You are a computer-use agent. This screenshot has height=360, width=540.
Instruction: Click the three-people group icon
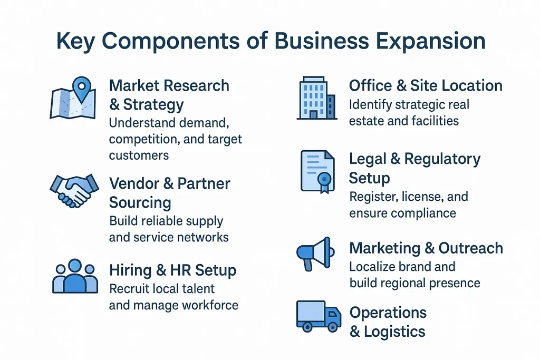point(75,276)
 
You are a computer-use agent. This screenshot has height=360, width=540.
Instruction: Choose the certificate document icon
point(317,171)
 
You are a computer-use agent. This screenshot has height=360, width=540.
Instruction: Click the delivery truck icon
point(318,316)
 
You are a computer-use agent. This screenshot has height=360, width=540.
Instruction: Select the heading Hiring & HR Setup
point(172,271)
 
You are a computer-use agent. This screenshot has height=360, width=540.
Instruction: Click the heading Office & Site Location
point(426,85)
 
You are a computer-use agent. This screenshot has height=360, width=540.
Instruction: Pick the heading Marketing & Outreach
point(426,248)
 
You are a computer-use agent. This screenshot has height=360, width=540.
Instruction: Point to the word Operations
point(388,313)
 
